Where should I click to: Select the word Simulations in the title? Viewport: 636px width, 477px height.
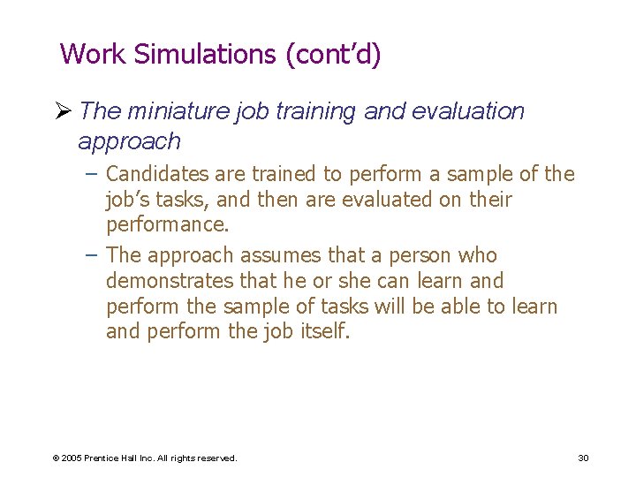pos(205,55)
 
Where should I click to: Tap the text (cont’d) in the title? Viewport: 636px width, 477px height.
pos(333,55)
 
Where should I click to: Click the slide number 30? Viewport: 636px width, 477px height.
pos(583,458)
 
